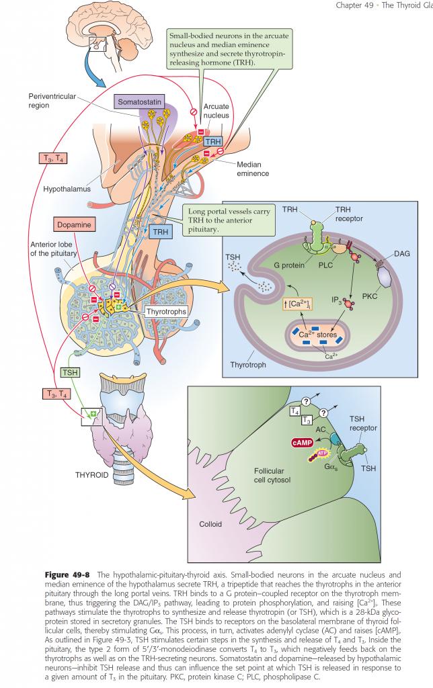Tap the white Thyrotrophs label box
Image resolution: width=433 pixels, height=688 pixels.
[x=166, y=311]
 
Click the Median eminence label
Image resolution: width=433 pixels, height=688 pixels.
[x=252, y=169]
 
